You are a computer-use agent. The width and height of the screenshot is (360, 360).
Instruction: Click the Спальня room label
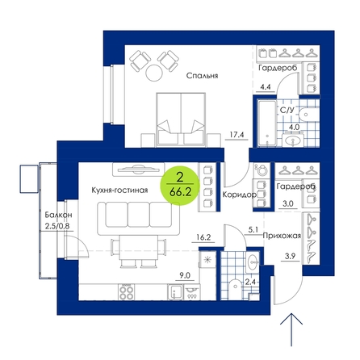click(202, 76)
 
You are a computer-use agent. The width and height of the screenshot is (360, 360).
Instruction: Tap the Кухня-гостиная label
click(119, 190)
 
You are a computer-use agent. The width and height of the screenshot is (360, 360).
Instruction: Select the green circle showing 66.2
click(180, 186)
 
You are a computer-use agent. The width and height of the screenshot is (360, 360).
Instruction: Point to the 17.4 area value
click(237, 134)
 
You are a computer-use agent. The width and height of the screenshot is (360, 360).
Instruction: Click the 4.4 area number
click(265, 87)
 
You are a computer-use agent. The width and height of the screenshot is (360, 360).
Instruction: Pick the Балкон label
click(58, 215)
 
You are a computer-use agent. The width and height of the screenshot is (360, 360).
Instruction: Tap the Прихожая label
click(282, 236)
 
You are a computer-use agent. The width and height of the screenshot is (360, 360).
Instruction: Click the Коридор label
click(239, 195)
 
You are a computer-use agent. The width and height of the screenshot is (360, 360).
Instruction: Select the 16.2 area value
click(203, 237)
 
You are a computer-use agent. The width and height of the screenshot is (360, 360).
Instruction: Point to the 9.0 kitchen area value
click(185, 275)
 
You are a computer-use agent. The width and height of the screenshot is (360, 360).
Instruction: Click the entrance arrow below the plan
click(291, 329)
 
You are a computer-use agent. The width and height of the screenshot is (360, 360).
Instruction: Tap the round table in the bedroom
click(154, 73)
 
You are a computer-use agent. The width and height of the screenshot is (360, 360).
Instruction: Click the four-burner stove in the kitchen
click(126, 292)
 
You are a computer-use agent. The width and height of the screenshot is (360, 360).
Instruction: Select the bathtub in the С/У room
click(267, 123)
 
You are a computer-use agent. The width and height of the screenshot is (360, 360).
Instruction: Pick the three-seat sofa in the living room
click(139, 218)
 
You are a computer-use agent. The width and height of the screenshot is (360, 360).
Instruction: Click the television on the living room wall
click(138, 170)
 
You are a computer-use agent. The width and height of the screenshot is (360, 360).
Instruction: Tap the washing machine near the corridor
click(262, 170)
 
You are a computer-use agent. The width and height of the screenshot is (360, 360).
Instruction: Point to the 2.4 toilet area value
click(250, 282)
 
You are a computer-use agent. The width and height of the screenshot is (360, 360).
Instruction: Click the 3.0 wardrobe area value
click(288, 204)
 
